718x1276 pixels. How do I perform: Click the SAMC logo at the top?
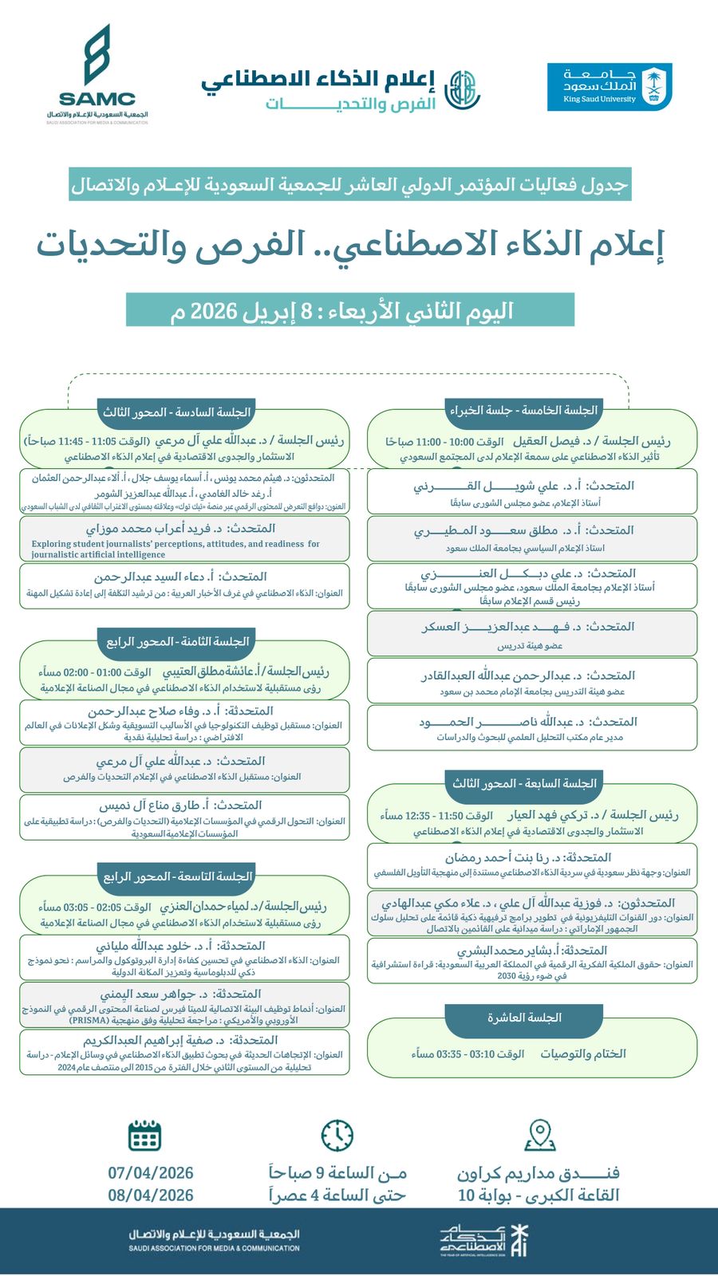coord(97,74)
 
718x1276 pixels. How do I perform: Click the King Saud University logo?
coord(610,87)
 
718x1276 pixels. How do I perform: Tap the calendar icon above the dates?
coord(144,1135)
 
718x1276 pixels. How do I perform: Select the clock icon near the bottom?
coord(337,1135)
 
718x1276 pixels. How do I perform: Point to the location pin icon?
coord(540,1135)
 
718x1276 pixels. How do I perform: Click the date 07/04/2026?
coord(151,1173)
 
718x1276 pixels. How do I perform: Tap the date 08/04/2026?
coord(151,1195)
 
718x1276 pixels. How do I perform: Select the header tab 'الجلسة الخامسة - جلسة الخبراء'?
coord(523,411)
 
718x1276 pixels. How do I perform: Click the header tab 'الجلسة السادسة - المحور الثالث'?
coord(176,412)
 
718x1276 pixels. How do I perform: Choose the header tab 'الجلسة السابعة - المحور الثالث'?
coord(524,784)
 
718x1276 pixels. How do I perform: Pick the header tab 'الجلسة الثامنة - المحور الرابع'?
coord(177,641)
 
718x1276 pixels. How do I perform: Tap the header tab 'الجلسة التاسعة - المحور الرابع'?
coord(177,876)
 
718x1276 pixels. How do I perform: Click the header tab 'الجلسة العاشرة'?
coord(524,1018)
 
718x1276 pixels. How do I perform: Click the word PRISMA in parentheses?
coord(89,1020)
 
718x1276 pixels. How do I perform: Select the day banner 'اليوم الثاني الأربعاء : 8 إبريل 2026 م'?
coord(350,310)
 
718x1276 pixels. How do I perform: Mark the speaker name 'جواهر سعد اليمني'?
coord(149,994)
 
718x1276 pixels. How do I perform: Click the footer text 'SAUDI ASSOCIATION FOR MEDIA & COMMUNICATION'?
coord(215,1248)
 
